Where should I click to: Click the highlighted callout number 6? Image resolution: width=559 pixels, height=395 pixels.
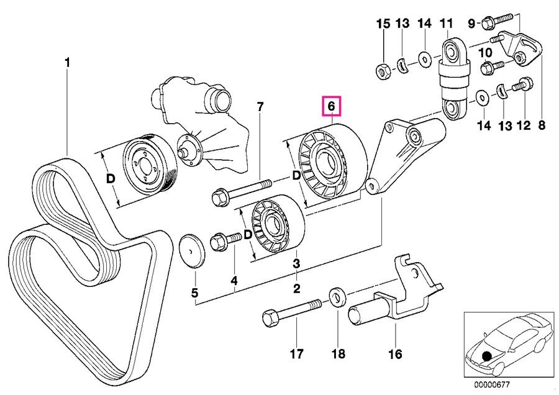[332, 106]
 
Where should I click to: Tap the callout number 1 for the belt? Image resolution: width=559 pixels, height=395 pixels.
[67, 63]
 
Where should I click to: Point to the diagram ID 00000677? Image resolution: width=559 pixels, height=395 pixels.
[492, 384]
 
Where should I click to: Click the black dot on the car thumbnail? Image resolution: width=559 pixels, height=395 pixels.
[486, 355]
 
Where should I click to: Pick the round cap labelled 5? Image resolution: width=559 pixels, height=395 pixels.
[191, 250]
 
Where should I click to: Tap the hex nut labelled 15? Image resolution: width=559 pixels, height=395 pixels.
[384, 72]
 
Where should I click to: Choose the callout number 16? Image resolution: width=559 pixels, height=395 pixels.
[396, 353]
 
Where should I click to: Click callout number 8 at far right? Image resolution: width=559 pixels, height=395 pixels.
[542, 125]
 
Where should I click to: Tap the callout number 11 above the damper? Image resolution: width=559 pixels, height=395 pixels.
[446, 24]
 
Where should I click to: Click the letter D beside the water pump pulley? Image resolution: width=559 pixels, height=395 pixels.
[111, 179]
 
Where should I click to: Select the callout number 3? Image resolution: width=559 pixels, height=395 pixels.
[296, 265]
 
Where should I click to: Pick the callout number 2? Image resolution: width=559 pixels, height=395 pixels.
[296, 288]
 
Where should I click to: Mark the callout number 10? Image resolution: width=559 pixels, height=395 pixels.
[485, 53]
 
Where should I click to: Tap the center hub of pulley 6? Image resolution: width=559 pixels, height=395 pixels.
[326, 163]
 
